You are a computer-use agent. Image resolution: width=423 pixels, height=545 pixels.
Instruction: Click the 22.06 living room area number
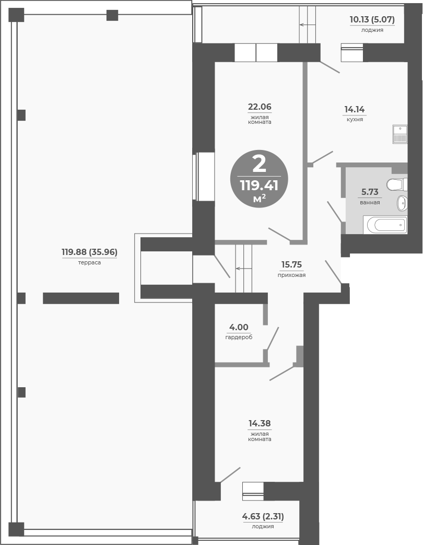tap(260, 107)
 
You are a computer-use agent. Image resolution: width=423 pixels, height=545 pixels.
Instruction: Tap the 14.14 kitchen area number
tap(354, 109)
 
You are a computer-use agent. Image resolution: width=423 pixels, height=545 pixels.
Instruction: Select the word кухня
tap(354, 119)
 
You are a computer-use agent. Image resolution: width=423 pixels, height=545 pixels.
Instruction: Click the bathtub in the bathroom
tap(386, 225)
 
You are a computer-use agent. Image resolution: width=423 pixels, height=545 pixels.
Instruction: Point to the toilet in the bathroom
tap(396, 184)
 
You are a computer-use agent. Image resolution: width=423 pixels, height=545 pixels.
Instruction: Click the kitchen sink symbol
tap(399, 135)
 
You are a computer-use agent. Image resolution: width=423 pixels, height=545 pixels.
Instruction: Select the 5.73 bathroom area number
tap(369, 192)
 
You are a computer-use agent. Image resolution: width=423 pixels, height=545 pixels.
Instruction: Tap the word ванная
tap(369, 202)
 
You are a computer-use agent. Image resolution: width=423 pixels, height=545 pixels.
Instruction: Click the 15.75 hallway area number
tap(291, 264)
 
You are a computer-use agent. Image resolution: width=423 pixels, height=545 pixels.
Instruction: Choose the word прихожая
tap(291, 275)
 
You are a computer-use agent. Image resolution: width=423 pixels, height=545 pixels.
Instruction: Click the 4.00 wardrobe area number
tap(239, 327)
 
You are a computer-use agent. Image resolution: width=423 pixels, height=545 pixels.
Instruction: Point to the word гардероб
tap(239, 337)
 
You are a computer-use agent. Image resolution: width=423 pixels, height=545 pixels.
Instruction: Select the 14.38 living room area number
tap(260, 424)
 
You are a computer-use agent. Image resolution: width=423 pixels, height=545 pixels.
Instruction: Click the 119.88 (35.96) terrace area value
tap(89, 252)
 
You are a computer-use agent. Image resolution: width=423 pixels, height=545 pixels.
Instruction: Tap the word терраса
tap(89, 262)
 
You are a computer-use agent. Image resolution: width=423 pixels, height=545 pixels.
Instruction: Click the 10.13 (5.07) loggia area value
tap(372, 20)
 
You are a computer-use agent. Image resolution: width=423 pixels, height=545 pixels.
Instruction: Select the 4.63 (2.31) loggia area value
tap(263, 516)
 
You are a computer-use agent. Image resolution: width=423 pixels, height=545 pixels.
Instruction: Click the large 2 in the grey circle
tap(259, 164)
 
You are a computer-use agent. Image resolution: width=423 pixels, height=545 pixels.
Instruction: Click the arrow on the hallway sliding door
tap(243, 269)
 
